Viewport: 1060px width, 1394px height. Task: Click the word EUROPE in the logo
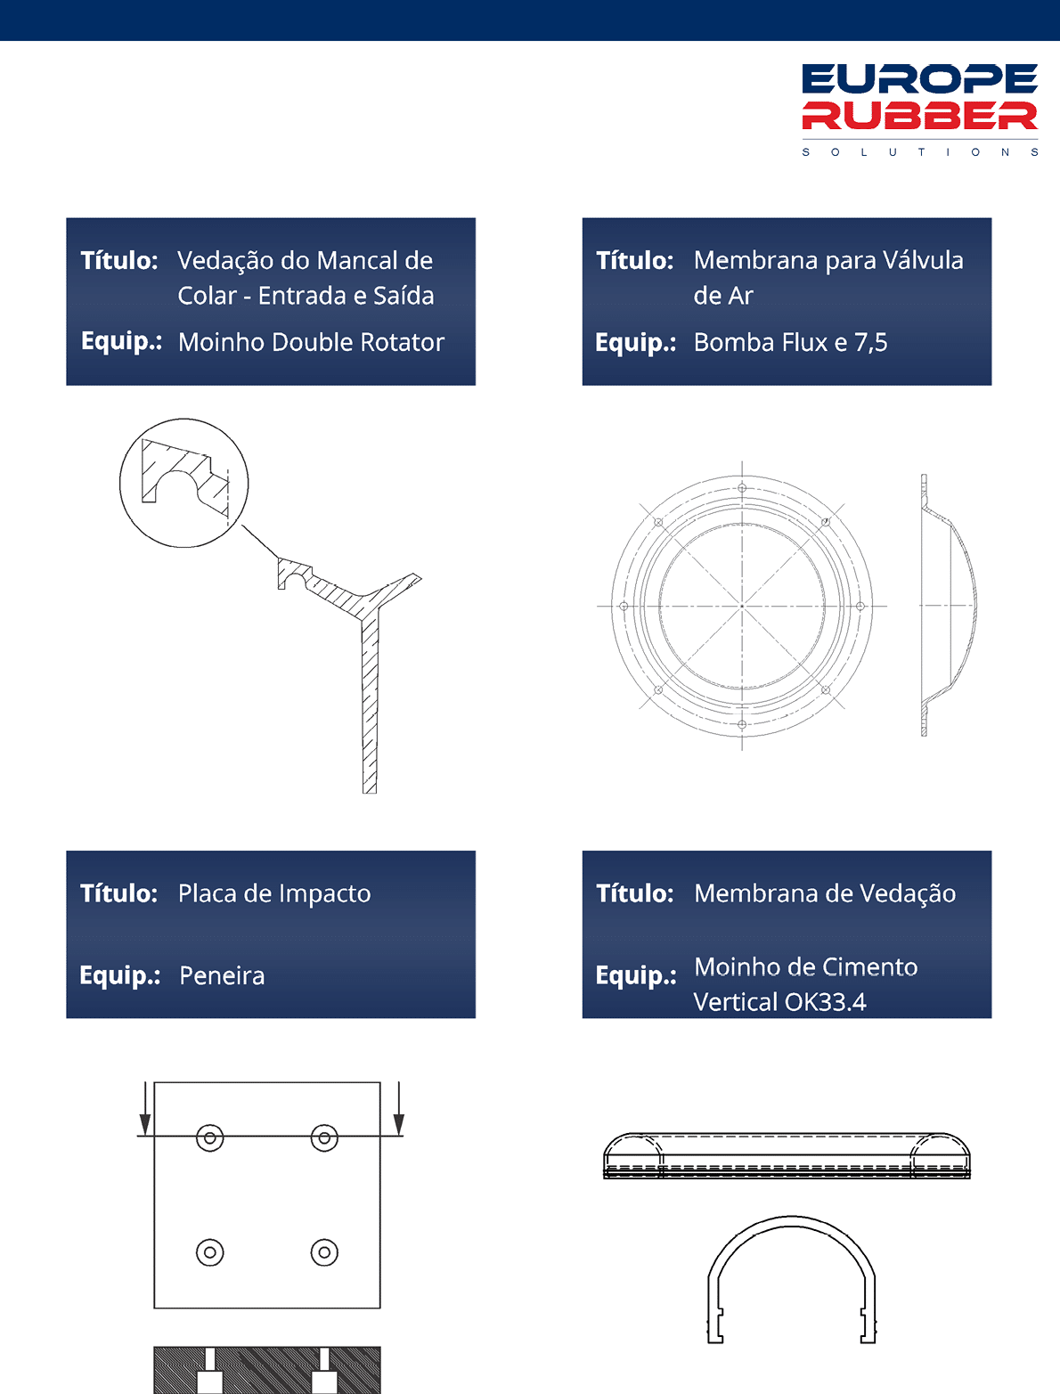pyautogui.click(x=919, y=78)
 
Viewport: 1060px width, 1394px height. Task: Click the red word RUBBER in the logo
pyautogui.click(x=919, y=116)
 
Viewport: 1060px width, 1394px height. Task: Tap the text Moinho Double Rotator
pyautogui.click(x=311, y=342)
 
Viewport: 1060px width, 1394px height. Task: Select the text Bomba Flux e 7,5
pyautogui.click(x=790, y=342)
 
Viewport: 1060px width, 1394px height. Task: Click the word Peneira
pyautogui.click(x=222, y=975)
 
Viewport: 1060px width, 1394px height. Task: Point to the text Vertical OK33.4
pyautogui.click(x=780, y=1002)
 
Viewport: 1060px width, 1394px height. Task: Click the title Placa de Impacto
pyautogui.click(x=274, y=893)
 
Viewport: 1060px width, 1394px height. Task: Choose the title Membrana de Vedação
pyautogui.click(x=824, y=893)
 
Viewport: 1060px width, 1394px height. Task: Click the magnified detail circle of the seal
pyautogui.click(x=183, y=420)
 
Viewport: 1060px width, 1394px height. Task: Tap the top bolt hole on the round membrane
pyautogui.click(x=742, y=488)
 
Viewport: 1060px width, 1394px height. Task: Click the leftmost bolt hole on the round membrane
pyautogui.click(x=624, y=606)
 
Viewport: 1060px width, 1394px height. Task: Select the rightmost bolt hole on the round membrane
pyautogui.click(x=860, y=606)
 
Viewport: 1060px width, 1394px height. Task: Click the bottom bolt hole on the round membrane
pyautogui.click(x=742, y=724)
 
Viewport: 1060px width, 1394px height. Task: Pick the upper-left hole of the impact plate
pyautogui.click(x=209, y=1138)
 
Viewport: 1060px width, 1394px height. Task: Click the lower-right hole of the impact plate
pyautogui.click(x=324, y=1252)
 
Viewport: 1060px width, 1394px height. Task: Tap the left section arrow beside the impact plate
pyautogui.click(x=145, y=1109)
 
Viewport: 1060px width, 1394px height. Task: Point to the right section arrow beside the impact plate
pyautogui.click(x=398, y=1109)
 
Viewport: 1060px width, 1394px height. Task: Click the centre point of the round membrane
pyautogui.click(x=742, y=606)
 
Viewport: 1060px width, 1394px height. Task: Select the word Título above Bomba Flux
pyautogui.click(x=634, y=260)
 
